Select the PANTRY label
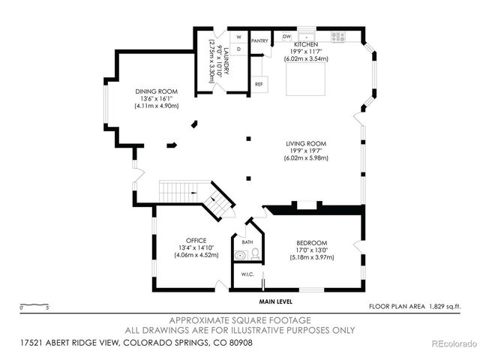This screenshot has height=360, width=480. coord(260,40)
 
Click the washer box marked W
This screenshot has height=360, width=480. coord(239,37)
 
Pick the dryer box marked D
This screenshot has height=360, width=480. coord(239,49)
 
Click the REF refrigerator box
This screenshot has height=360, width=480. coord(259,84)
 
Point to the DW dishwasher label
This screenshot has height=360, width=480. coord(286,36)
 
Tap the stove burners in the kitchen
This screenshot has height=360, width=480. coord(337,36)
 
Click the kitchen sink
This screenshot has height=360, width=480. coord(307,36)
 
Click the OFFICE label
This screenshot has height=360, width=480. coord(196,240)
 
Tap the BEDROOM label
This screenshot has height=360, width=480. coord(311,243)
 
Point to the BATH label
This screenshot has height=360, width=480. coord(247,242)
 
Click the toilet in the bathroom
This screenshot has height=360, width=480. coord(255,254)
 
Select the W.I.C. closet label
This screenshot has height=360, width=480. coord(247,275)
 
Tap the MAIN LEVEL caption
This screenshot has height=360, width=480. coord(276,301)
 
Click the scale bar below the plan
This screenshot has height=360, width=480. coord(34,307)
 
